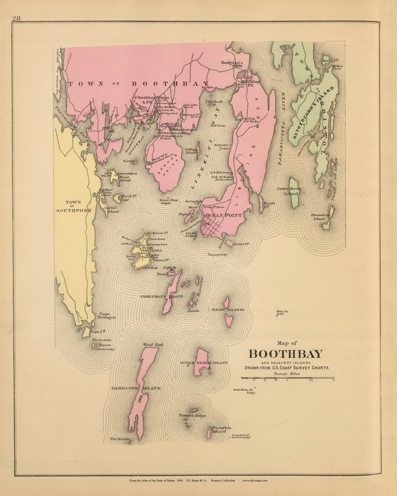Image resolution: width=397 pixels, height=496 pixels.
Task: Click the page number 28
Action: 16,18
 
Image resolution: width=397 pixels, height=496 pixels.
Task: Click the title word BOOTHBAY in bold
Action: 286,354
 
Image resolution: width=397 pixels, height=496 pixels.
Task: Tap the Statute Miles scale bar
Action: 287,378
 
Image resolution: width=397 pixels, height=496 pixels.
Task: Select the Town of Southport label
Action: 73,206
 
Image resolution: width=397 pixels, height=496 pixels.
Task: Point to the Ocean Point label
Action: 224,215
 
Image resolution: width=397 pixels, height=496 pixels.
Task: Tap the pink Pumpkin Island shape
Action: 209,433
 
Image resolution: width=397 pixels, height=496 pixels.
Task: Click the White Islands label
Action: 227,310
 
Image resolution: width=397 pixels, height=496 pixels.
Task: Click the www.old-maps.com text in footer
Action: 255,481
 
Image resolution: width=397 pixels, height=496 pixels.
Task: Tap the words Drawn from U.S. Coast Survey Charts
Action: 286,368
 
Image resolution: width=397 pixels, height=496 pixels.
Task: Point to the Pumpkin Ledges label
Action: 192,415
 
